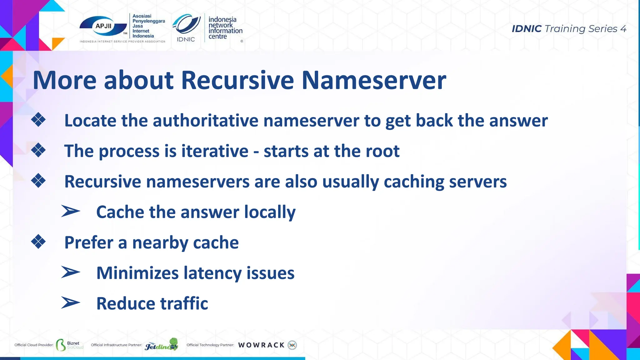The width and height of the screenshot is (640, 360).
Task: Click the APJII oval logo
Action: [103, 26]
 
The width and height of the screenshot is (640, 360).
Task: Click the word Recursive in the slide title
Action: [237, 80]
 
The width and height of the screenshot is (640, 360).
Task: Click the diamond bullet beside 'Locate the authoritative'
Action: [38, 120]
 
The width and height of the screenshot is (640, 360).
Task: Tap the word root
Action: [382, 151]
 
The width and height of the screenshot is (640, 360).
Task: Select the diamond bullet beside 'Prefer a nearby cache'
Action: [38, 242]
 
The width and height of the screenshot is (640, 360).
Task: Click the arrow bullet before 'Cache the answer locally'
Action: [71, 211]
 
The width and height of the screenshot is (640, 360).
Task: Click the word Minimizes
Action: [137, 273]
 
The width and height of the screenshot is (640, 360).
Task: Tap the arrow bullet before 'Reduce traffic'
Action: [71, 302]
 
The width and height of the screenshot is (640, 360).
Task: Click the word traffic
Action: [184, 303]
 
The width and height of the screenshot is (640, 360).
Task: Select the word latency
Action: [212, 273]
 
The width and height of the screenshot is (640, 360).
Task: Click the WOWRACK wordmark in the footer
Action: [261, 345]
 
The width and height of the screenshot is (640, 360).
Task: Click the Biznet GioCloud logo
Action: [69, 345]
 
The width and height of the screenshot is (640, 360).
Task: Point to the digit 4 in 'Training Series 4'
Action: [623, 29]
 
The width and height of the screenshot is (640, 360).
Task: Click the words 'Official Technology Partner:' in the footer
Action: [210, 345]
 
